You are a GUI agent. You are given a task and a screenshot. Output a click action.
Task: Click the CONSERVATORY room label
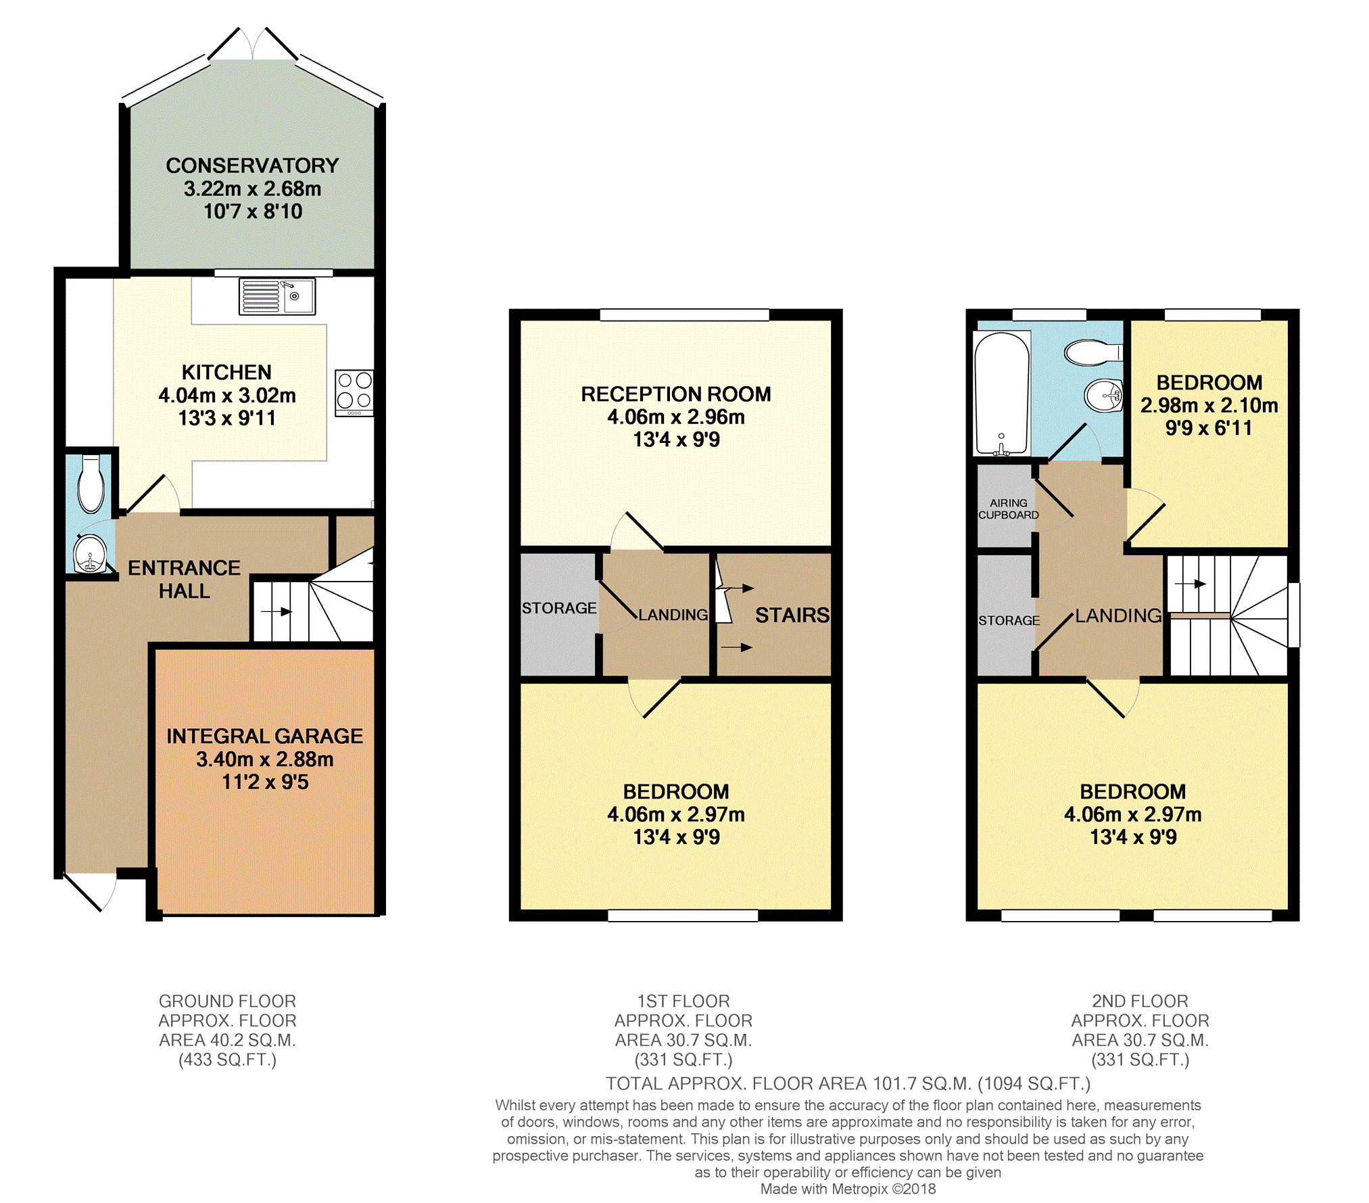pos(252,166)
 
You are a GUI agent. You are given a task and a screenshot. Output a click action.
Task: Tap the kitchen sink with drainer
pos(277,296)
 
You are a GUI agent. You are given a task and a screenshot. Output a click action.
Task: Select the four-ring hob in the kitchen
pos(354,393)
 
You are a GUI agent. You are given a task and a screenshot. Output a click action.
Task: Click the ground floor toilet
pos(91,484)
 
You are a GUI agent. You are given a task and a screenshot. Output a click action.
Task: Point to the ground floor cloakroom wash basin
pos(90,554)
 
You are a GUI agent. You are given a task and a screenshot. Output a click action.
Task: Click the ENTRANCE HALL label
pos(184,579)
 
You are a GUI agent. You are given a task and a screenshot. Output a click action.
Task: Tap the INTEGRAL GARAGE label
pos(264,736)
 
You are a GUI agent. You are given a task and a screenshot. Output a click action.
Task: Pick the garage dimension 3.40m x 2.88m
pos(264,759)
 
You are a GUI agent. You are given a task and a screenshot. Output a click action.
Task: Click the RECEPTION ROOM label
pos(676,394)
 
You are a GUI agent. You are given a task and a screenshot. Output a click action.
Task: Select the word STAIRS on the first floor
pos(792,615)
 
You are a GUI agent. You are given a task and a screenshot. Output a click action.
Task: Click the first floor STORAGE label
pos(559,608)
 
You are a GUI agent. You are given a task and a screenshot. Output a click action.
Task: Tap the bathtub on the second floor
pos(1002,393)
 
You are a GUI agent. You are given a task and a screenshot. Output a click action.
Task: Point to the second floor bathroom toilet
pos(1093,352)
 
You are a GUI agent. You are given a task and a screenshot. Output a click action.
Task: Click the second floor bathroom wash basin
pos(1103,394)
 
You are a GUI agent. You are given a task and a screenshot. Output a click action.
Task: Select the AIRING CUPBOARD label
pos(1009,509)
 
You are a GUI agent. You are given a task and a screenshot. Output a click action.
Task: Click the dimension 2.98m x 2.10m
pos(1209,405)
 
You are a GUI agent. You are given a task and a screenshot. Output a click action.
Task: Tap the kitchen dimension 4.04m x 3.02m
pos(227,395)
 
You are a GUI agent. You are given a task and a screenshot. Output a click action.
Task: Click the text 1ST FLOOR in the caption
pos(683,1001)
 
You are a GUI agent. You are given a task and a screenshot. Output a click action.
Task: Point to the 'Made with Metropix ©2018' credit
pos(848,1189)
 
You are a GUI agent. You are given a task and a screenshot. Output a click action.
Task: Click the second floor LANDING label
pos(1118,615)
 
